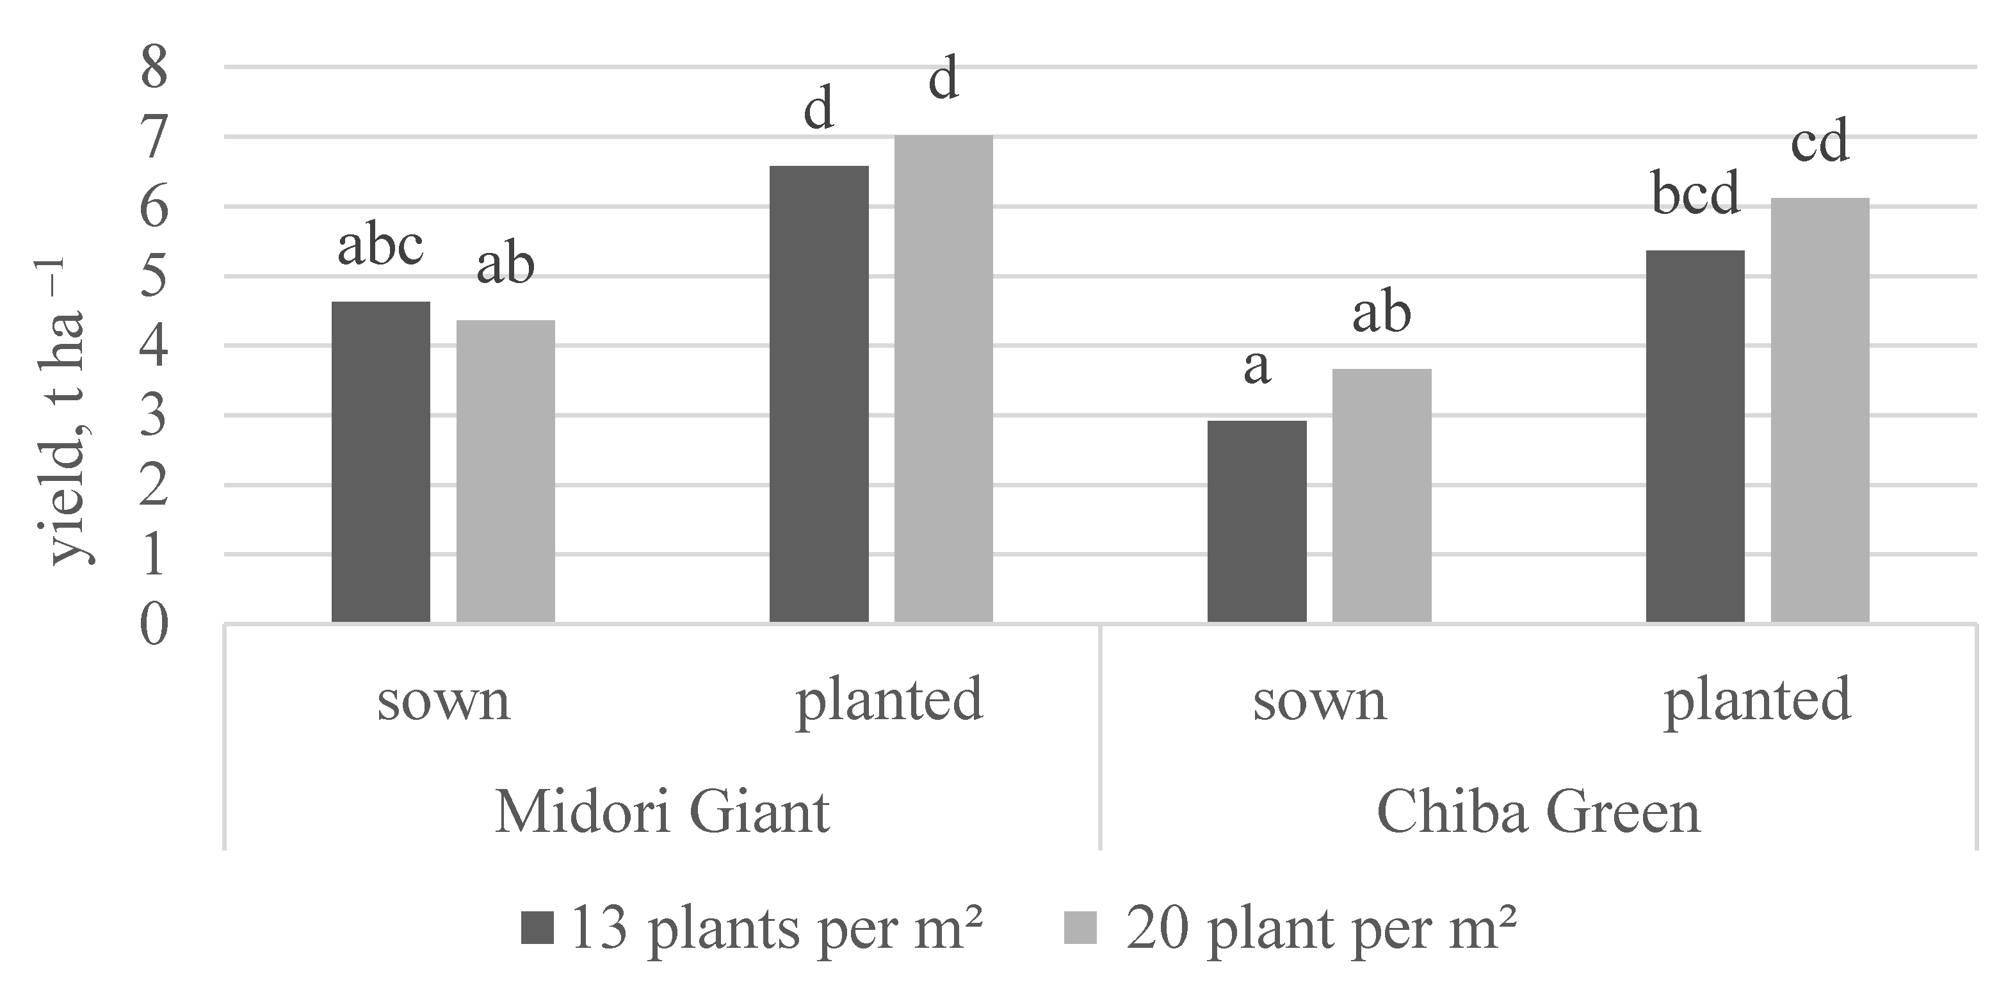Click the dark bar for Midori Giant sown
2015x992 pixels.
click(x=381, y=462)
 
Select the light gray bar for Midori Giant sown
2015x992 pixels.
click(x=505, y=471)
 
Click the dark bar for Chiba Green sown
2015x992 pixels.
click(x=1257, y=521)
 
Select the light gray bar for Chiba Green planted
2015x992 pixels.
click(x=1820, y=410)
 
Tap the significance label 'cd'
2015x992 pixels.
click(x=1820, y=142)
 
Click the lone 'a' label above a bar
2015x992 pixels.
click(x=1257, y=366)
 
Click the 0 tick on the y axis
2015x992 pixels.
click(x=154, y=625)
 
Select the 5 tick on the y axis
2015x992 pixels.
click(x=154, y=277)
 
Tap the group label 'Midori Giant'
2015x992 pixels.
click(x=662, y=813)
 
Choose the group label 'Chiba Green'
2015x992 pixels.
click(x=1538, y=813)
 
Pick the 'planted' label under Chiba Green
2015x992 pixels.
click(x=1757, y=700)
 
